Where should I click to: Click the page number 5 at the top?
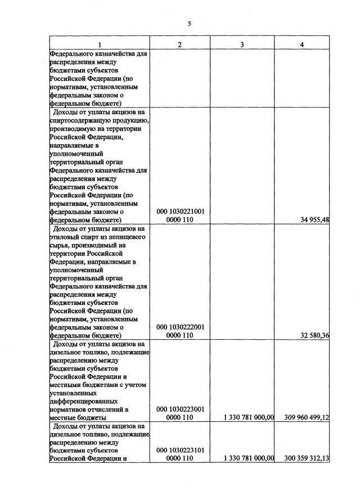click(190, 24)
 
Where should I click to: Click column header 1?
click(100, 45)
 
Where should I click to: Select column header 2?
click(179, 45)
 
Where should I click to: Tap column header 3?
click(241, 45)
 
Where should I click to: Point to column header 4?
click(303, 45)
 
